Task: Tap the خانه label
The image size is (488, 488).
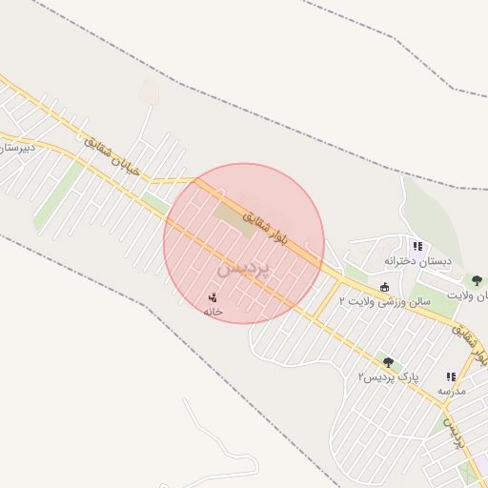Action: click(x=213, y=312)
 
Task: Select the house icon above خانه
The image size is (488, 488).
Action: click(x=212, y=297)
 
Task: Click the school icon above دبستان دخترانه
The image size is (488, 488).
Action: click(x=417, y=246)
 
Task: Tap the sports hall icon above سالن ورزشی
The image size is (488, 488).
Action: click(x=384, y=287)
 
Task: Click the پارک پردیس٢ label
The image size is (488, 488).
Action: click(x=388, y=377)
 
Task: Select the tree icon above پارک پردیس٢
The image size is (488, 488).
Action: click(x=388, y=362)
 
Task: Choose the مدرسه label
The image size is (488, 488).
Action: click(x=451, y=392)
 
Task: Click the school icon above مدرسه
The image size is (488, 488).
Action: click(x=451, y=377)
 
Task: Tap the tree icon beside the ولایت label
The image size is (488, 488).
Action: click(x=476, y=281)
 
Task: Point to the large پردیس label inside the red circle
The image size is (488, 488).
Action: click(x=244, y=269)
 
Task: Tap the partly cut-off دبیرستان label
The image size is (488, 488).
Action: click(x=16, y=149)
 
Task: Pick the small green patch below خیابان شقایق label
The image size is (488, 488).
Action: click(x=154, y=201)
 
